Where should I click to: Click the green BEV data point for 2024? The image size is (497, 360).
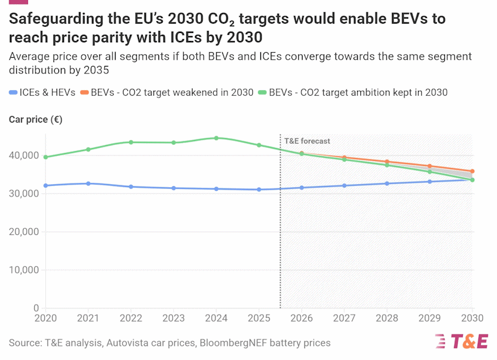[216, 138]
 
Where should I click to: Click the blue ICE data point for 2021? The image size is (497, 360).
[88, 183]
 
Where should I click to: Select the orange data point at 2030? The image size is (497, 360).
[472, 172]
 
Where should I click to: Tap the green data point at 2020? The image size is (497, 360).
[45, 157]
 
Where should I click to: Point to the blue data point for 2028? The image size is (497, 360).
[387, 183]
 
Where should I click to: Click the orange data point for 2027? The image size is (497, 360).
[344, 158]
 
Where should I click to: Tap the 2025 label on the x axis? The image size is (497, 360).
[259, 318]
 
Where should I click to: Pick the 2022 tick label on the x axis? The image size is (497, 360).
[130, 318]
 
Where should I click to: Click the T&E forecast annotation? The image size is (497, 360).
[307, 141]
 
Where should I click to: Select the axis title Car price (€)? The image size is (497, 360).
[35, 119]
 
